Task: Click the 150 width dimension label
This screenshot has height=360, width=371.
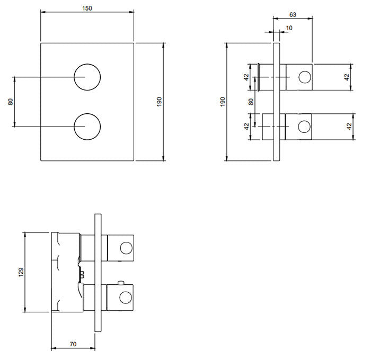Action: [87, 8]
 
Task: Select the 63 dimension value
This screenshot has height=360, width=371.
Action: [293, 15]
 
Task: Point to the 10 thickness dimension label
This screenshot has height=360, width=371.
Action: [289, 28]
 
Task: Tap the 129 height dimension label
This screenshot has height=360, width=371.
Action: [21, 272]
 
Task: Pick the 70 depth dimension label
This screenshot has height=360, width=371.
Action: [73, 344]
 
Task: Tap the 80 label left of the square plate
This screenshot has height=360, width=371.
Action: [11, 102]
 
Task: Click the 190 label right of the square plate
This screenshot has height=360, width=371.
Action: [159, 102]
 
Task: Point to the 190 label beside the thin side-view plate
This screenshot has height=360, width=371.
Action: [223, 102]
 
